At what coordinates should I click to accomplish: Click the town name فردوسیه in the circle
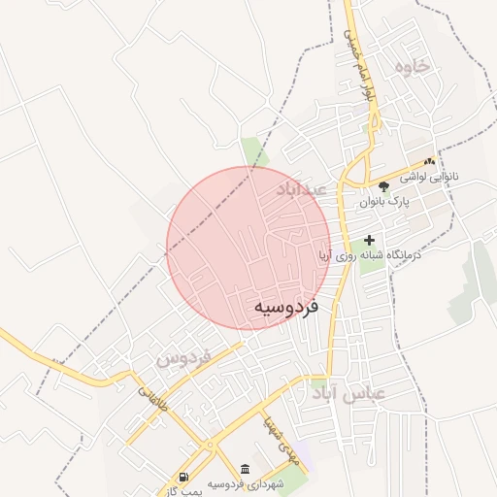[x=286, y=308]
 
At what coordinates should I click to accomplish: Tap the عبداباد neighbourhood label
[x=303, y=188]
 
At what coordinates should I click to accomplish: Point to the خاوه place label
[x=412, y=65]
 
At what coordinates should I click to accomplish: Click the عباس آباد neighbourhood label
[x=348, y=393]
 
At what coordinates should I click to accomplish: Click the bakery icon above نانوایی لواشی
[x=429, y=161]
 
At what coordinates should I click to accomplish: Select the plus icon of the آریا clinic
[x=369, y=240]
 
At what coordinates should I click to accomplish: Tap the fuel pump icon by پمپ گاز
[x=184, y=476]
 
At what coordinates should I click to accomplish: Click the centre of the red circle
[x=248, y=248]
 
